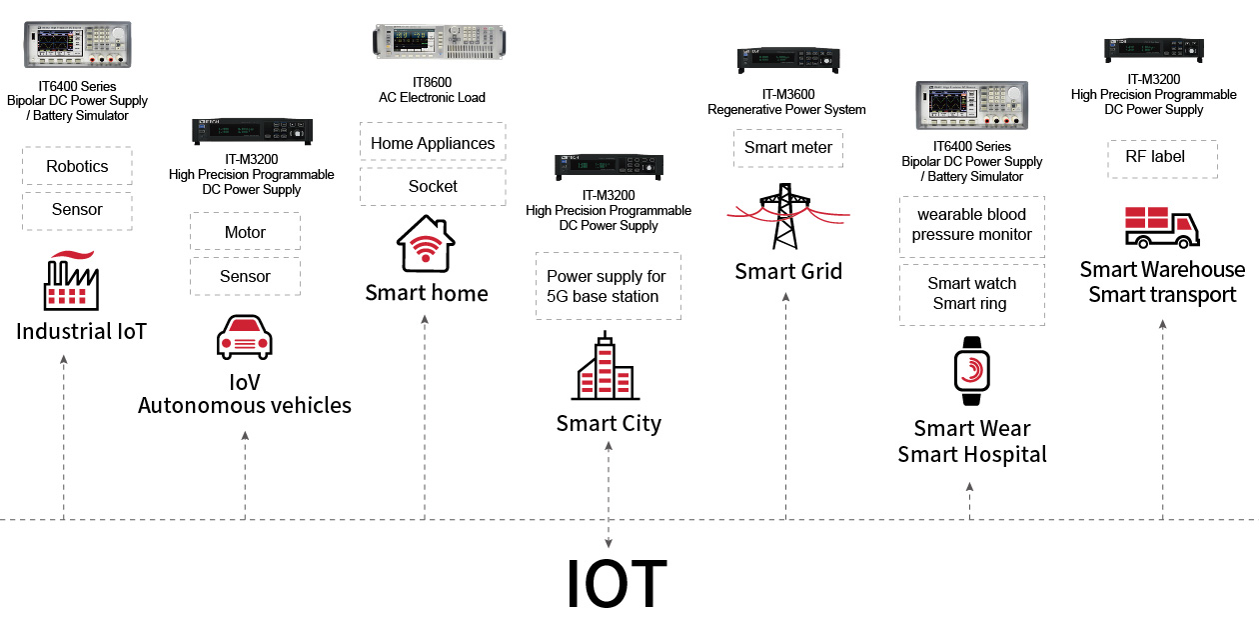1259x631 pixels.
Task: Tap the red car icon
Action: pyautogui.click(x=245, y=337)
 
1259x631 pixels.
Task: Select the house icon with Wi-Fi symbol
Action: pyautogui.click(x=426, y=244)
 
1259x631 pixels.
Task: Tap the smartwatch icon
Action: pyautogui.click(x=971, y=371)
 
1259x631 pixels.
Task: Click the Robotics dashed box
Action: pyautogui.click(x=77, y=166)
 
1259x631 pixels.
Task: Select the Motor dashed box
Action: pyautogui.click(x=245, y=232)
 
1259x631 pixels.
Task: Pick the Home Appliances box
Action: pyautogui.click(x=433, y=143)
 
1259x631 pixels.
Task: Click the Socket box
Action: pyautogui.click(x=433, y=186)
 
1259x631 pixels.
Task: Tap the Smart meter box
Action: pyautogui.click(x=788, y=148)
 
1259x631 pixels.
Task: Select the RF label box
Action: pyautogui.click(x=1162, y=157)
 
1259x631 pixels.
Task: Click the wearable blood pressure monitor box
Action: pyautogui.click(x=971, y=225)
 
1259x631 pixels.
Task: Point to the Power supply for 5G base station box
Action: pyautogui.click(x=608, y=286)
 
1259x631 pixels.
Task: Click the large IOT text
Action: pyautogui.click(x=616, y=584)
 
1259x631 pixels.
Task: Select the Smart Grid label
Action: pyautogui.click(x=788, y=271)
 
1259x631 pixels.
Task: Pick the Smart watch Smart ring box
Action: pyautogui.click(x=971, y=294)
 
